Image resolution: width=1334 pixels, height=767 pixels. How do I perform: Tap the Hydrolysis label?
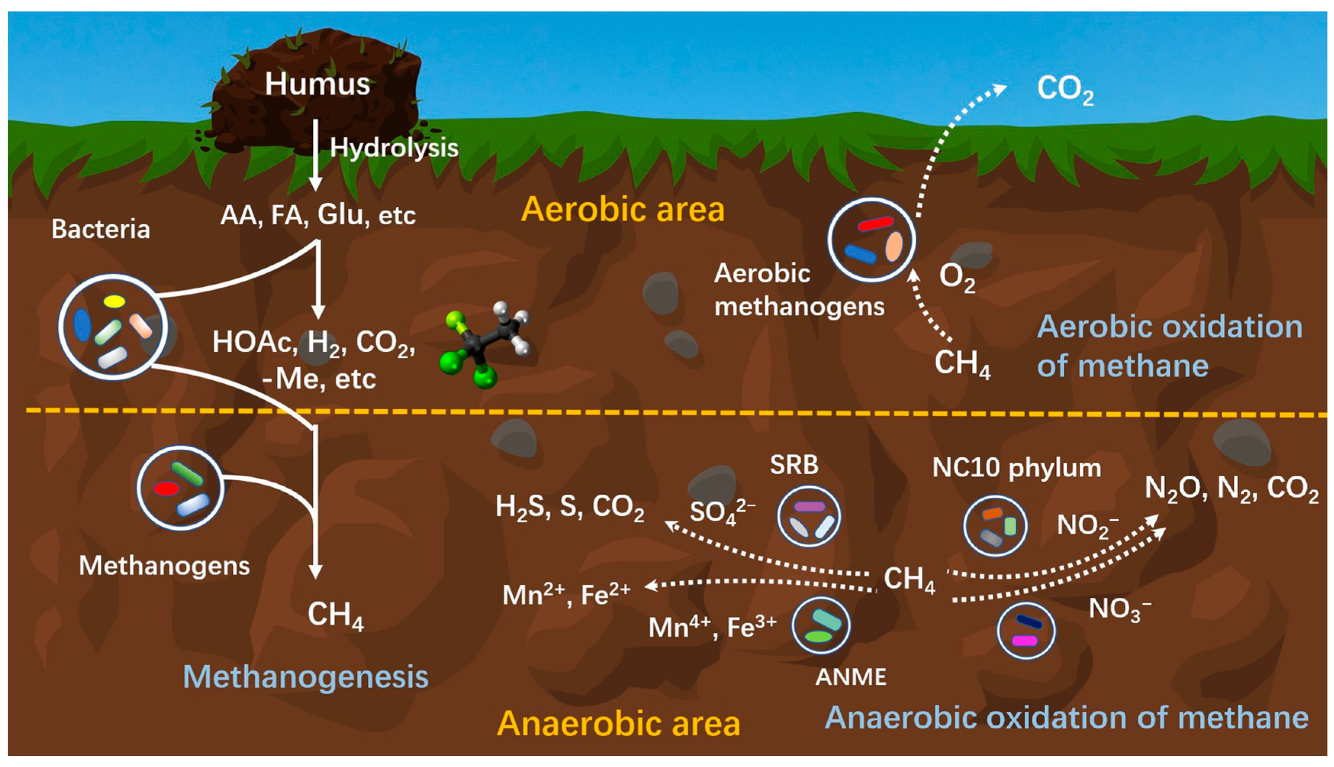click(394, 148)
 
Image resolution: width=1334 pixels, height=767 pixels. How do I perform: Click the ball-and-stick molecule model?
click(484, 342)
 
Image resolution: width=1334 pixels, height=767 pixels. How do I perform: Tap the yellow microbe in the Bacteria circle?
click(114, 301)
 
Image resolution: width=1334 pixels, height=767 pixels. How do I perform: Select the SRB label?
click(794, 465)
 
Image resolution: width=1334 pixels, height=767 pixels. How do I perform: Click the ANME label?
click(850, 677)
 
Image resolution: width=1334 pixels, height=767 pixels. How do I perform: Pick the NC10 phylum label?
click(1016, 468)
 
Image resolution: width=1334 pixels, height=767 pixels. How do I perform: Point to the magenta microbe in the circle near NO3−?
click(1025, 641)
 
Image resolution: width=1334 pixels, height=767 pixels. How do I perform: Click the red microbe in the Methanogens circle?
click(166, 489)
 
